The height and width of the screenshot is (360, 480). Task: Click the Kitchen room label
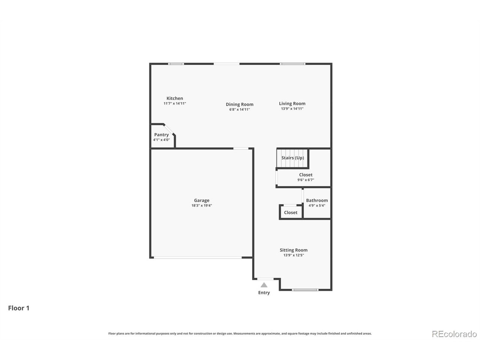174,98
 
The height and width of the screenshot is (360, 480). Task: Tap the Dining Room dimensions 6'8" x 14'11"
240,109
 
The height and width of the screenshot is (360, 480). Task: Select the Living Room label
292,103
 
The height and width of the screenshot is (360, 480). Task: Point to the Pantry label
161,135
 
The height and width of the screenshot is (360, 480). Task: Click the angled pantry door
169,129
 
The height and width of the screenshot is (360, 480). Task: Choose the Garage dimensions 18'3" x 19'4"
202,205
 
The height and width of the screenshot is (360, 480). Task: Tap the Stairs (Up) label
292,158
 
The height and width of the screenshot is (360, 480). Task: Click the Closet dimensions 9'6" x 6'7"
306,180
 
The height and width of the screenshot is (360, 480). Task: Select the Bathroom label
316,200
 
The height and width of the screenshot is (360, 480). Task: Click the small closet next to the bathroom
291,212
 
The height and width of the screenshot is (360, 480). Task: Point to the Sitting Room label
294,250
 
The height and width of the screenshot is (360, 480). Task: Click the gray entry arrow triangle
264,285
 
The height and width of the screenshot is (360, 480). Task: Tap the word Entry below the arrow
264,292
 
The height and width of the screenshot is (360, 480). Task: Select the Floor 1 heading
19,308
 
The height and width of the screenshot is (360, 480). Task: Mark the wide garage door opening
198,258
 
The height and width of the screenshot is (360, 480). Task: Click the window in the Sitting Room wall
305,290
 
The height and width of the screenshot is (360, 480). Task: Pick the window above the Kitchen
176,64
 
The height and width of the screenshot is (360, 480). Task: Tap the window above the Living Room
292,64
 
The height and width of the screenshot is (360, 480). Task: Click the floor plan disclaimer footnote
240,333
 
